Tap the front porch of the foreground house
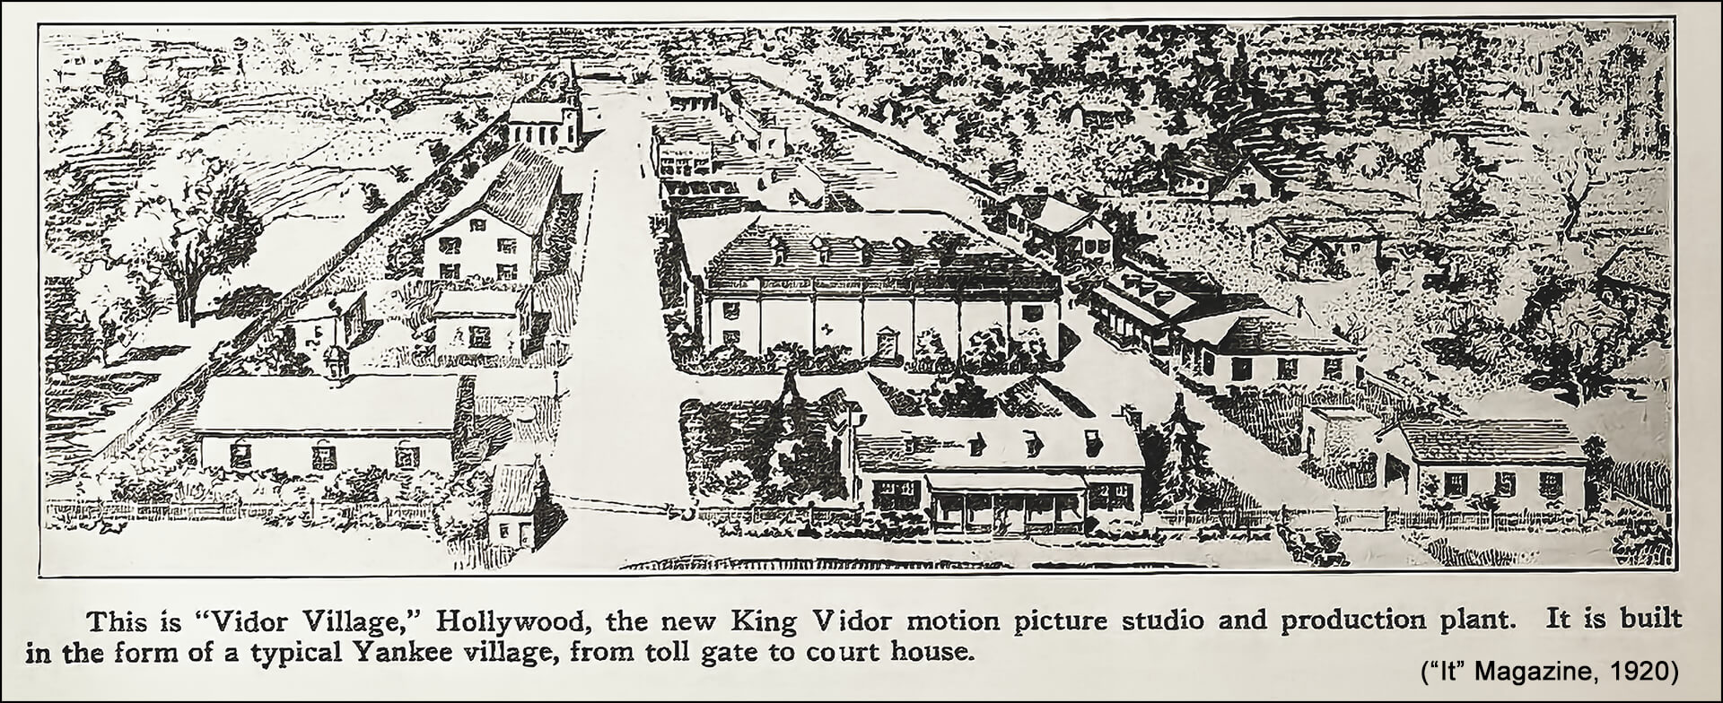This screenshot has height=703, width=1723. [1005, 507]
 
